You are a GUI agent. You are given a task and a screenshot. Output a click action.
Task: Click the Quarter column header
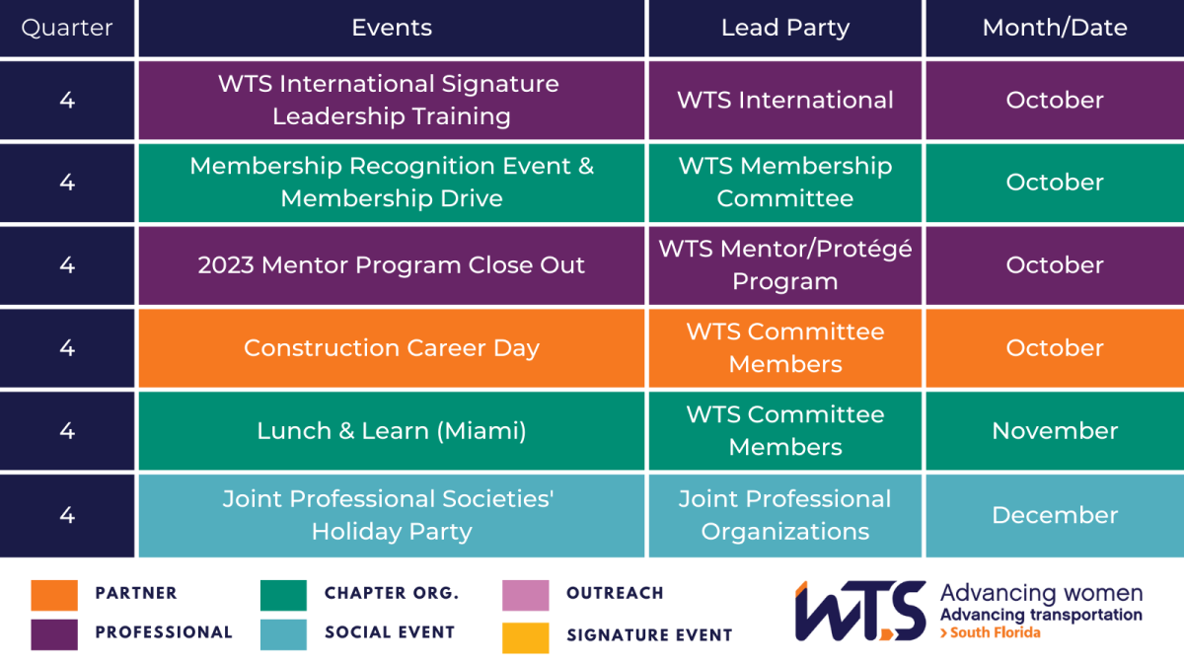tap(67, 28)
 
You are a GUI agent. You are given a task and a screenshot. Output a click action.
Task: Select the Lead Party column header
tap(785, 28)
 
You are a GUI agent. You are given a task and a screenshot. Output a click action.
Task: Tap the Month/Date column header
tap(1055, 28)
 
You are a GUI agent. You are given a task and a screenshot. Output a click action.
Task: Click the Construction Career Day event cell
tap(392, 348)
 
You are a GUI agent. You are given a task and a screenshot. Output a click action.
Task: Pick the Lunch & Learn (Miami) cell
tap(392, 431)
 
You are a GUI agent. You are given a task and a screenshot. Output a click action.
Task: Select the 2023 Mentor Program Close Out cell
tap(392, 265)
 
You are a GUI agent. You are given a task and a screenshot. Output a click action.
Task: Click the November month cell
tap(1055, 431)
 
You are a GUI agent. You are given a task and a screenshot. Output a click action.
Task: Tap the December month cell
tap(1055, 515)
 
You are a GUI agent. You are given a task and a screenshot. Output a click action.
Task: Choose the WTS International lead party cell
tap(785, 101)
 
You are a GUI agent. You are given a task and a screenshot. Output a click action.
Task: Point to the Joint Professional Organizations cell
tap(785, 515)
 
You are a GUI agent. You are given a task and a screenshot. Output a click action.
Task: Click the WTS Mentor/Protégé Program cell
tap(785, 265)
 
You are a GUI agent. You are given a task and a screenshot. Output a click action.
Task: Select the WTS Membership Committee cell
tap(785, 183)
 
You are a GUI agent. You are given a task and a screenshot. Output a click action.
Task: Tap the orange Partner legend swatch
tap(54, 595)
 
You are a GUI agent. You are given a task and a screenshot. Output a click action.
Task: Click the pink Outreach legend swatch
tap(525, 595)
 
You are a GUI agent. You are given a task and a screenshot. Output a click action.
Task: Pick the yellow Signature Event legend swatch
tap(525, 638)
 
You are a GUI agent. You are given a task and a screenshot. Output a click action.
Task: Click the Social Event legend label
tap(390, 632)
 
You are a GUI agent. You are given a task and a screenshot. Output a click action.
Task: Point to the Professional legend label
tap(164, 632)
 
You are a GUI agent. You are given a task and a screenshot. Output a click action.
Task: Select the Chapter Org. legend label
tap(392, 593)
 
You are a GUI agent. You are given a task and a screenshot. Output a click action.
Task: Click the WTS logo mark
tap(860, 611)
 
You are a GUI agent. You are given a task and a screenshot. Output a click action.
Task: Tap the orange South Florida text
tap(990, 632)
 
